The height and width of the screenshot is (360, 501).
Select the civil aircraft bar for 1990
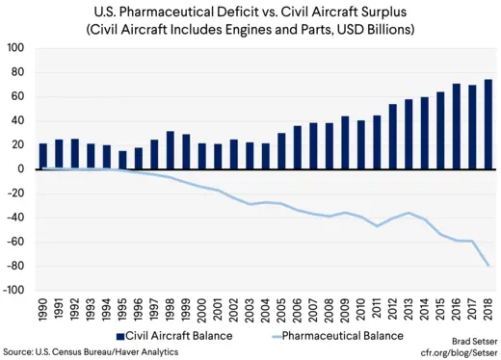tap(43, 156)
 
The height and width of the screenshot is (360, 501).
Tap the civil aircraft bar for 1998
tap(171, 150)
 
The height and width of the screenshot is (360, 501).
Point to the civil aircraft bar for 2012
tap(392, 137)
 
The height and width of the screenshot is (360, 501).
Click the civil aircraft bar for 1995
tap(122, 160)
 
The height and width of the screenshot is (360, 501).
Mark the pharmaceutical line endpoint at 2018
tap(488, 265)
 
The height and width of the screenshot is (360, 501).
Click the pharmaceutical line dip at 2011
tap(377, 225)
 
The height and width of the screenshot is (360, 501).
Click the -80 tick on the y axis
tap(16, 266)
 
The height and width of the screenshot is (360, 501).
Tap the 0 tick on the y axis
tap(23, 169)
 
